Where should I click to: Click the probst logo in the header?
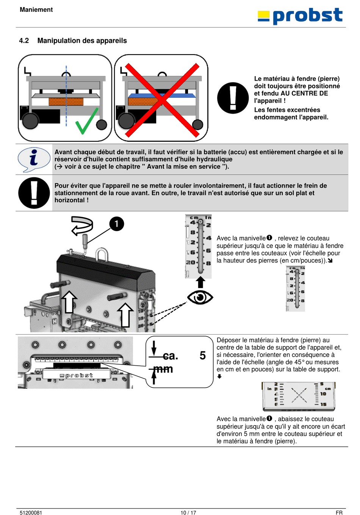(x=300, y=16)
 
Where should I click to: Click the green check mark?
(x=87, y=122)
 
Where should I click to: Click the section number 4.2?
(x=24, y=41)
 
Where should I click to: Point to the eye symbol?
(x=200, y=297)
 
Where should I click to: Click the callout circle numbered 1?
(x=117, y=224)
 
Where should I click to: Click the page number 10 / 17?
(x=188, y=513)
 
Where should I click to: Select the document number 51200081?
(x=31, y=513)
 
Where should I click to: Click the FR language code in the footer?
(x=339, y=513)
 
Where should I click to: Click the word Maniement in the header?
(x=36, y=10)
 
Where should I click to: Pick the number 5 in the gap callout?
(x=203, y=355)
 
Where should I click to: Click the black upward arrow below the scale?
(x=200, y=283)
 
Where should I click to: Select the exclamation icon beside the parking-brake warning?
(x=34, y=193)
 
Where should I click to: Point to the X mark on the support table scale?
(x=299, y=395)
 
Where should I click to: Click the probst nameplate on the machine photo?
(x=77, y=375)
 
